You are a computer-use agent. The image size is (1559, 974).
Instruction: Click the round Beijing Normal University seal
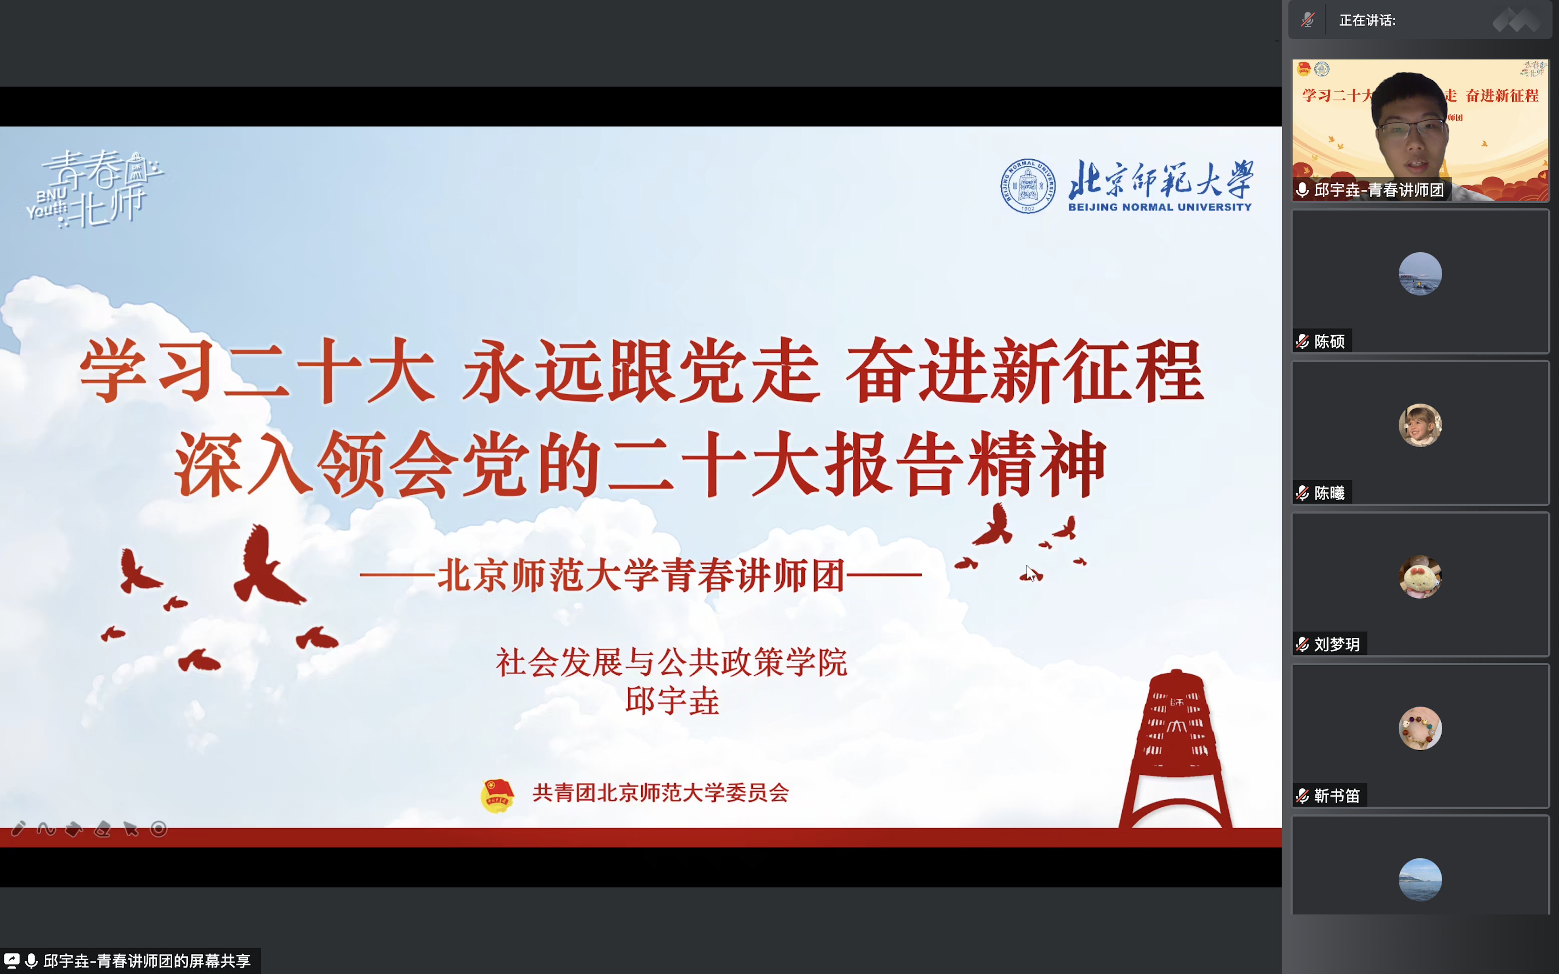1027,186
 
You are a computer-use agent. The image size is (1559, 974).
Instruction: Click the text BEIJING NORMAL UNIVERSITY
1159,207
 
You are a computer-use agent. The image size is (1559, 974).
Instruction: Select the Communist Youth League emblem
497,794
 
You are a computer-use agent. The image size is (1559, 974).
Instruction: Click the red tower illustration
1176,747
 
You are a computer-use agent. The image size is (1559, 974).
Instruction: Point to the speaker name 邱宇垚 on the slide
672,701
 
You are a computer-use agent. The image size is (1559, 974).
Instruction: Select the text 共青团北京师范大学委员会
660,792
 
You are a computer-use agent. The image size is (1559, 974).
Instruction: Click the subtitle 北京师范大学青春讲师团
641,575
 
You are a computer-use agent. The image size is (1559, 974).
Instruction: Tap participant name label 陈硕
1329,341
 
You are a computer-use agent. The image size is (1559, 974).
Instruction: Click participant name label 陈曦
1329,493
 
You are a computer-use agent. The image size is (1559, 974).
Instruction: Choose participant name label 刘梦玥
1336,644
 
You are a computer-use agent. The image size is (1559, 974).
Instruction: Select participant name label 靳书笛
1336,795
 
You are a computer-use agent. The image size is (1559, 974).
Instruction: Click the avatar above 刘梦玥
1420,576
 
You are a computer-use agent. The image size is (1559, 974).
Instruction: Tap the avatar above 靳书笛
1420,728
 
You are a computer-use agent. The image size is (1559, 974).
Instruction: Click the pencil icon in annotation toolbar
18,828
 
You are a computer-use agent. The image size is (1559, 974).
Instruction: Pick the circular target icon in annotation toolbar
159,828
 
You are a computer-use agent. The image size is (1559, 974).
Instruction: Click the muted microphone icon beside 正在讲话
1307,20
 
